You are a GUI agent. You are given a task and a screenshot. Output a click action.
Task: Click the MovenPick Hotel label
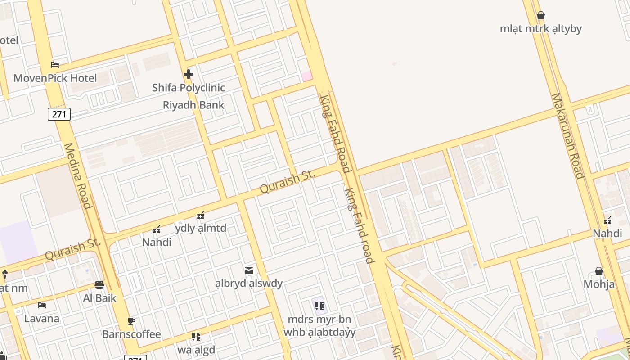[55, 78]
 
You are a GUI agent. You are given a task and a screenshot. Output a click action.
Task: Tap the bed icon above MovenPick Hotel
[55, 65]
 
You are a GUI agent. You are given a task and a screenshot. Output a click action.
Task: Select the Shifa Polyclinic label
[188, 88]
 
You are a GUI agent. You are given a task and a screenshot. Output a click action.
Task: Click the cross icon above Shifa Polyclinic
[189, 74]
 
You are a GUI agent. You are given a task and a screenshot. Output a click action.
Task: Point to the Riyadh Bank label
[193, 105]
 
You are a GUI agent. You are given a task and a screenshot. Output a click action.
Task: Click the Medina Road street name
[78, 176]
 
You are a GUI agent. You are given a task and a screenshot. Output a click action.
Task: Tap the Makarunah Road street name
[568, 135]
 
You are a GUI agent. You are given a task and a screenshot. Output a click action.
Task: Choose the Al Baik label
[99, 298]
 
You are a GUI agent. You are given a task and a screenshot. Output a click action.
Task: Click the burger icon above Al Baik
[99, 284]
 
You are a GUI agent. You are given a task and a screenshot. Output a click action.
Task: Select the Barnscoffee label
[131, 334]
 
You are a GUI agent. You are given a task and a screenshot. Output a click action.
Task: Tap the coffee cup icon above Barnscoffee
[131, 321]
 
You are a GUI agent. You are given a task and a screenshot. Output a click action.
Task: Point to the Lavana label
[42, 319]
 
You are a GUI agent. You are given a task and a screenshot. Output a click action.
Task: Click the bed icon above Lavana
[42, 305]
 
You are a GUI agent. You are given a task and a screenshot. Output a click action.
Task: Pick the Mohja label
[599, 284]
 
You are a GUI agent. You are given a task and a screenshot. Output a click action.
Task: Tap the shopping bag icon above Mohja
[599, 271]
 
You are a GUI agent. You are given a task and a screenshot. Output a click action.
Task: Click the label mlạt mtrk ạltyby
[541, 29]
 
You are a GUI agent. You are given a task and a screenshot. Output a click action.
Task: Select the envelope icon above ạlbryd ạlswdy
[249, 270]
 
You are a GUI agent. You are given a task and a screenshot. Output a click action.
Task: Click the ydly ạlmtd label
[201, 229]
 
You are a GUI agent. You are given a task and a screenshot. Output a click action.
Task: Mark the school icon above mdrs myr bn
[319, 306]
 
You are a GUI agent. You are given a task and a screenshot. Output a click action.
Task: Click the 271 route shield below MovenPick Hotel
[59, 114]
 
